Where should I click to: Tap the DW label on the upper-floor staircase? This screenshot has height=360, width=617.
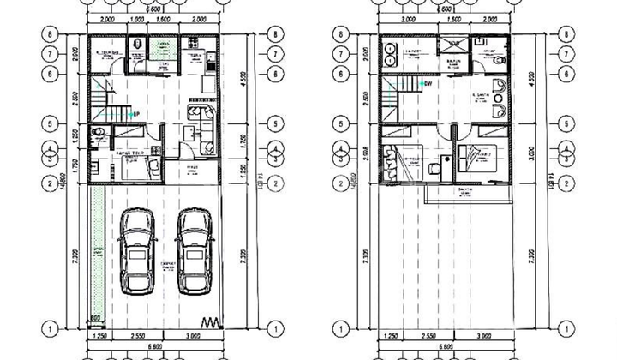click(x=428, y=84)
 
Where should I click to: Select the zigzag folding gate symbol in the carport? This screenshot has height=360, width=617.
click(x=209, y=322)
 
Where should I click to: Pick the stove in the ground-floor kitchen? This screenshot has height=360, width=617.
click(x=208, y=60)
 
